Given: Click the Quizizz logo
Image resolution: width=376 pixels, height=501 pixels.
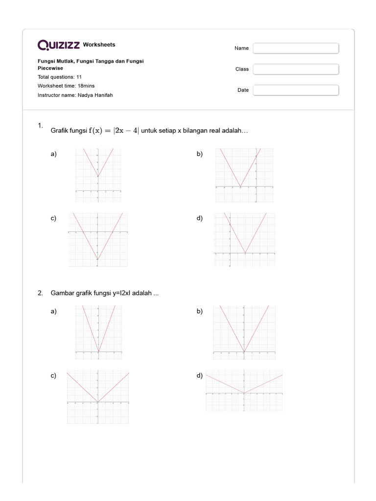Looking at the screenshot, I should coord(59,45).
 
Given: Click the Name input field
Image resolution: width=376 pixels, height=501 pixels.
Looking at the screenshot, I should coord(296,48).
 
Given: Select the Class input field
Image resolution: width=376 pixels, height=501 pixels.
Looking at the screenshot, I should coord(296,69).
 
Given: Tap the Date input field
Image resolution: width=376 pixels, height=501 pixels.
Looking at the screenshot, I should coord(296,90).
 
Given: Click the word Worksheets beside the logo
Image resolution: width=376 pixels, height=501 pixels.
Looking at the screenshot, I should coord(99,45).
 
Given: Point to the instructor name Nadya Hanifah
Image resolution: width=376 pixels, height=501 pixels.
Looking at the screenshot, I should coord(95,95).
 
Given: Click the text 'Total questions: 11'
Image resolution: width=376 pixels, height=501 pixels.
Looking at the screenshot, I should coord(60,77).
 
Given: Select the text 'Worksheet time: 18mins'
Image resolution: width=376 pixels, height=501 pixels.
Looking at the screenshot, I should coord(66,86).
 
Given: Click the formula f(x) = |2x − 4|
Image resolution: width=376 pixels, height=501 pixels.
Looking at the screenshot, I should coord(114,130).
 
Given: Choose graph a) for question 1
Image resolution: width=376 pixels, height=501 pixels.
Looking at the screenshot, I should coord(98,175).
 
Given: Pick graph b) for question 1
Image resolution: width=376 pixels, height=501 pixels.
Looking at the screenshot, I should coord(244,175).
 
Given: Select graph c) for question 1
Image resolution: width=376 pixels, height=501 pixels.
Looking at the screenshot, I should coord(98,239).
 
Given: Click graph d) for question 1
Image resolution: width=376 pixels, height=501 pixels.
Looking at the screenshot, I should coord(244,240).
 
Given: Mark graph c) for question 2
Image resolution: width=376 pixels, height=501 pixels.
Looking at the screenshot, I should coord(98,397).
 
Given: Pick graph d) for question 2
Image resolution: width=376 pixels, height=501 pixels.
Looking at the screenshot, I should coord(244,390).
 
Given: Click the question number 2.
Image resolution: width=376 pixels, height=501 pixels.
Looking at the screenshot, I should coord(40,293).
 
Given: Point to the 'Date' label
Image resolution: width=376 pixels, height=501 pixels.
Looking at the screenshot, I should coord(243,90).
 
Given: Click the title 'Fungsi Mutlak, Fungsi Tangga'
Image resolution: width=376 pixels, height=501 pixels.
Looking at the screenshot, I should coord(91,61).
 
